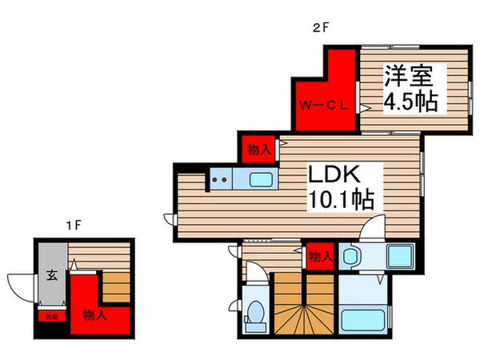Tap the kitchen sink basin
[262, 178]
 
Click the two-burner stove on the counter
[220, 180]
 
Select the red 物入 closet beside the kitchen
[257, 149]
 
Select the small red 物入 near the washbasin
[320, 257]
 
